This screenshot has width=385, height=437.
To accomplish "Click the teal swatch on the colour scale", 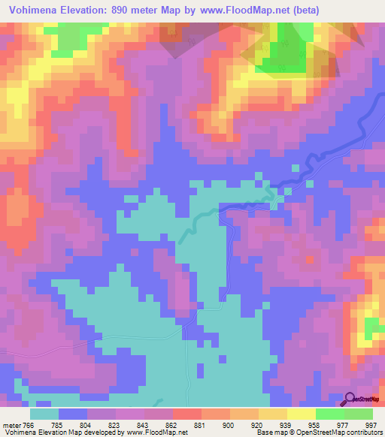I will [45, 414].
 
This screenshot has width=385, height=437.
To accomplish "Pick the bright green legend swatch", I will [329, 414].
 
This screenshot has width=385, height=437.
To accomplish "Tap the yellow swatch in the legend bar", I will [301, 414].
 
